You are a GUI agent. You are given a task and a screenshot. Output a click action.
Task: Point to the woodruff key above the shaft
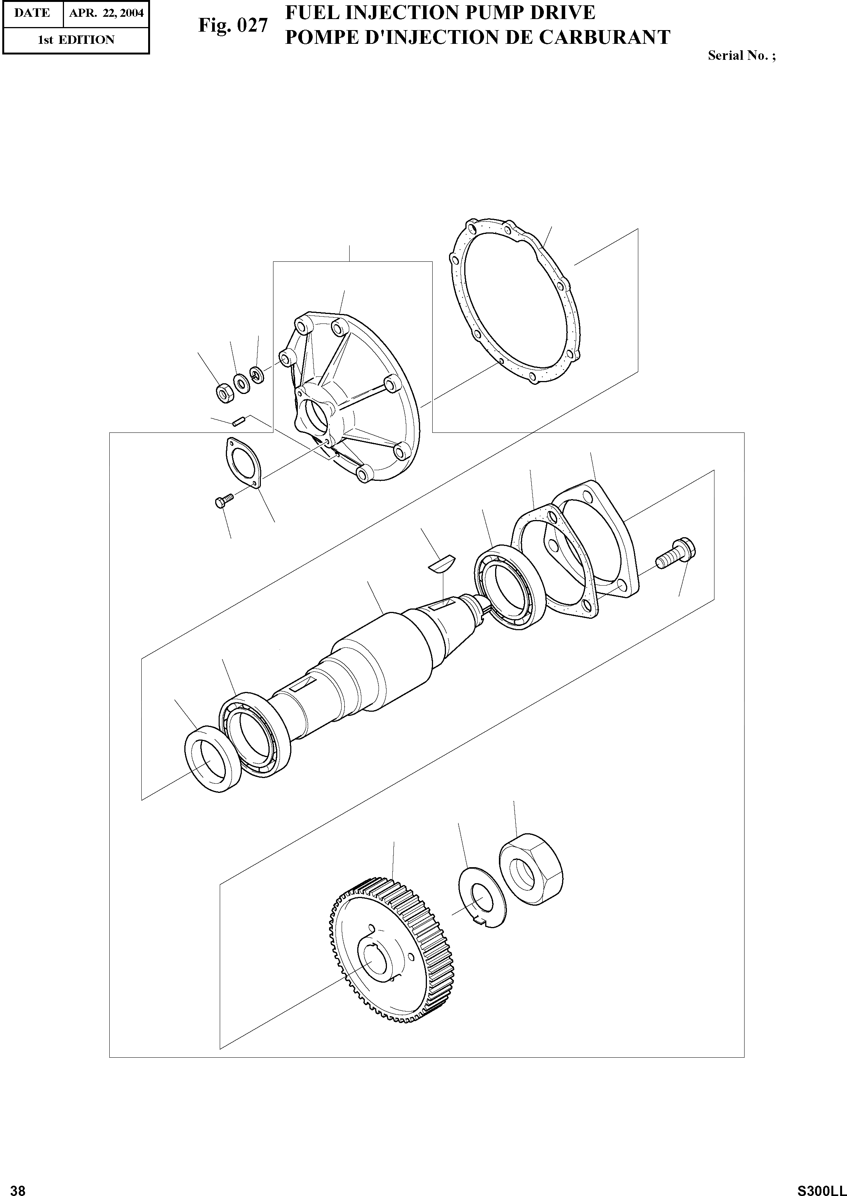pos(442,564)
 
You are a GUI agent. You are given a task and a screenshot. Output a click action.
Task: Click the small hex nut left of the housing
pos(224,392)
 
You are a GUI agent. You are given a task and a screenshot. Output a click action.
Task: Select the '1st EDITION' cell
pos(76,40)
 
